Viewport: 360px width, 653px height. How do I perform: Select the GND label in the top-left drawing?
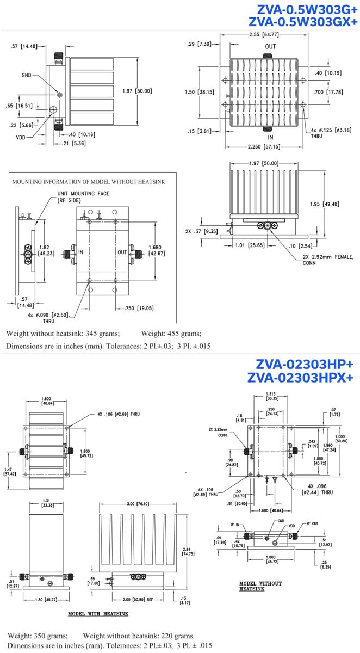(x=27, y=75)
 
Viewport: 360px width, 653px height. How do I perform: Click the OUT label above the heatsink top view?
(x=270, y=47)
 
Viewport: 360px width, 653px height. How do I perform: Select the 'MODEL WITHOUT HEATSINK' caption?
(x=261, y=586)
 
